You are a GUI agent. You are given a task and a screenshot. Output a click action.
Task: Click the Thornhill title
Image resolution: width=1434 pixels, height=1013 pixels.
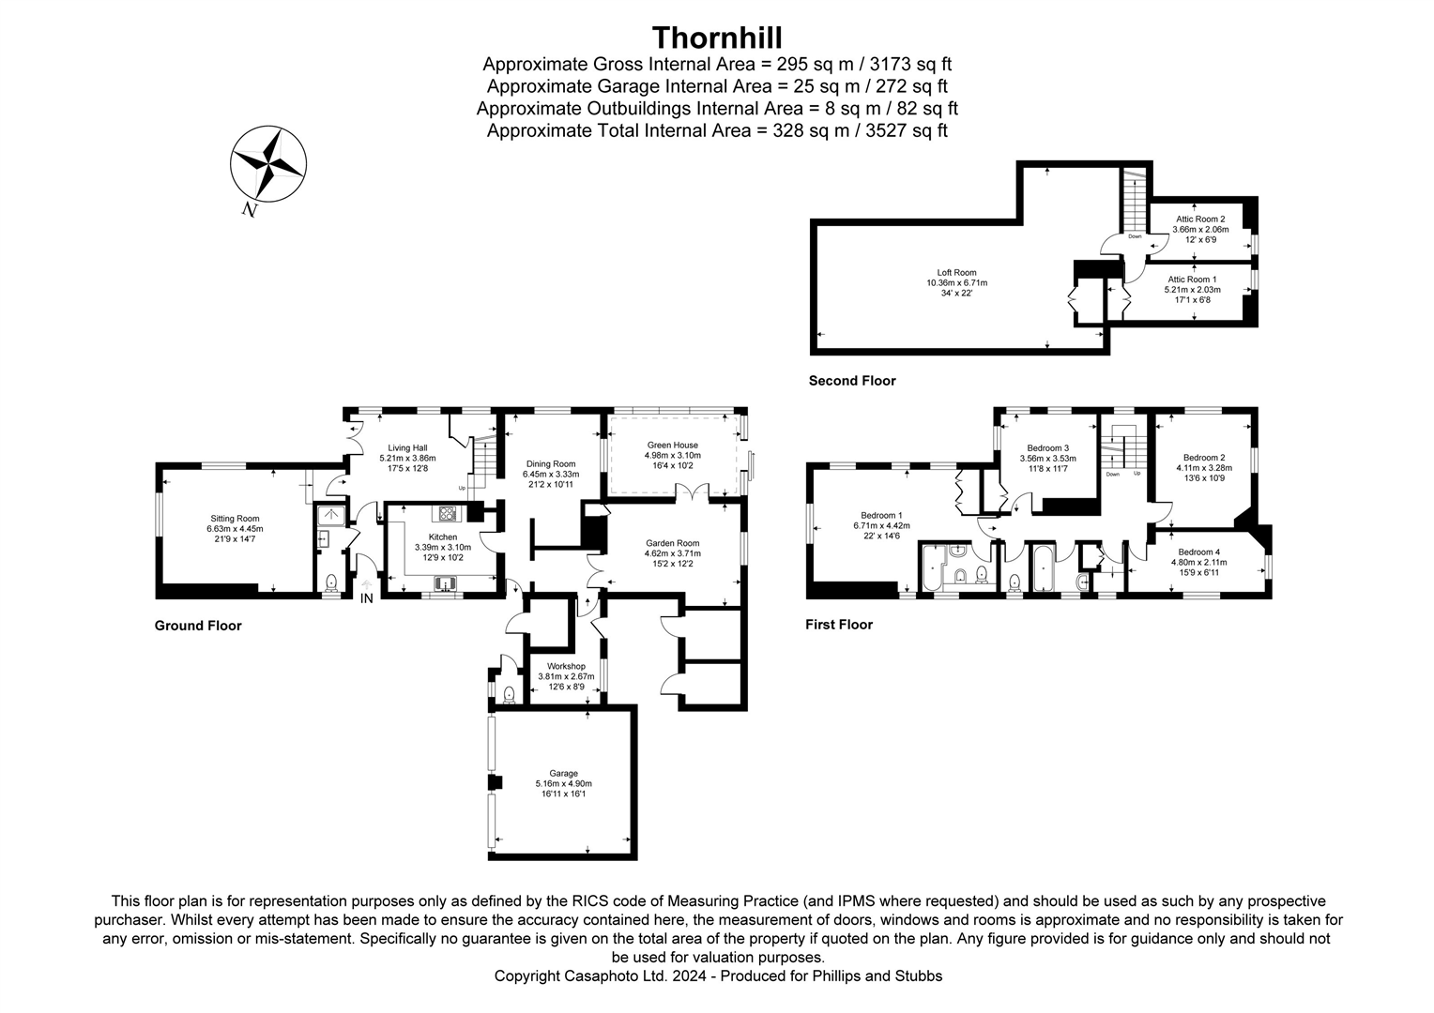(717, 37)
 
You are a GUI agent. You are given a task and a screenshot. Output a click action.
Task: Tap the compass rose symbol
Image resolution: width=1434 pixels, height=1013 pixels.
(268, 166)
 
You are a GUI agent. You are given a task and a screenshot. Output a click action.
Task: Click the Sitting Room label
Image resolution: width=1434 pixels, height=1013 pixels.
(235, 519)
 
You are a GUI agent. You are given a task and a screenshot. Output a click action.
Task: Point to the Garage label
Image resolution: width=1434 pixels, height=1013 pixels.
(563, 774)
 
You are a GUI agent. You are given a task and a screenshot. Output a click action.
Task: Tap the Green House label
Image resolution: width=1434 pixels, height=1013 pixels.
(672, 446)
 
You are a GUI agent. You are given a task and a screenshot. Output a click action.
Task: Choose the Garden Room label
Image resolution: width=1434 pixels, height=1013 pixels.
(672, 543)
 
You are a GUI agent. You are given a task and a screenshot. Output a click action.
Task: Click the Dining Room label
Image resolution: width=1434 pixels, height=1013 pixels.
(550, 463)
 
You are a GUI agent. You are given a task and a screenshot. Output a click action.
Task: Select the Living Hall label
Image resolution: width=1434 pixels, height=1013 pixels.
(407, 448)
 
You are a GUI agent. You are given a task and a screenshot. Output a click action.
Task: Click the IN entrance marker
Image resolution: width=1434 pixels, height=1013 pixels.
(366, 598)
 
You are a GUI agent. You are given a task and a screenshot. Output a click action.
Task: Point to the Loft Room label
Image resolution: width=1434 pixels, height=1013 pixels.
(956, 273)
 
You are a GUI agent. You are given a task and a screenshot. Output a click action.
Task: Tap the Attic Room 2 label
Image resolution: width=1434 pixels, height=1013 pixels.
(1200, 219)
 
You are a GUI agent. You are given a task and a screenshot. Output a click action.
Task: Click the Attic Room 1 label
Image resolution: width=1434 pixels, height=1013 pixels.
(1192, 280)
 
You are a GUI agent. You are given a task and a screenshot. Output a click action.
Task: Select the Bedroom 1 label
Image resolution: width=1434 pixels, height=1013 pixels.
(881, 515)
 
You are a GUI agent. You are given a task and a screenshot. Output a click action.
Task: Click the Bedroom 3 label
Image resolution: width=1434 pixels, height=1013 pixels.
(1047, 448)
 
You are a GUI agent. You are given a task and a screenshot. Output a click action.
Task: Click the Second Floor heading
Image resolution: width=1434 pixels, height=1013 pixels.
(852, 381)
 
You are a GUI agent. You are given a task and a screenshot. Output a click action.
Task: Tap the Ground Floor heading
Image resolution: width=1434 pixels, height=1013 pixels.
(198, 626)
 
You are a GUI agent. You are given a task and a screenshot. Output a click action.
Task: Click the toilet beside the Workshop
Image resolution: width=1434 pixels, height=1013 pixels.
(509, 694)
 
